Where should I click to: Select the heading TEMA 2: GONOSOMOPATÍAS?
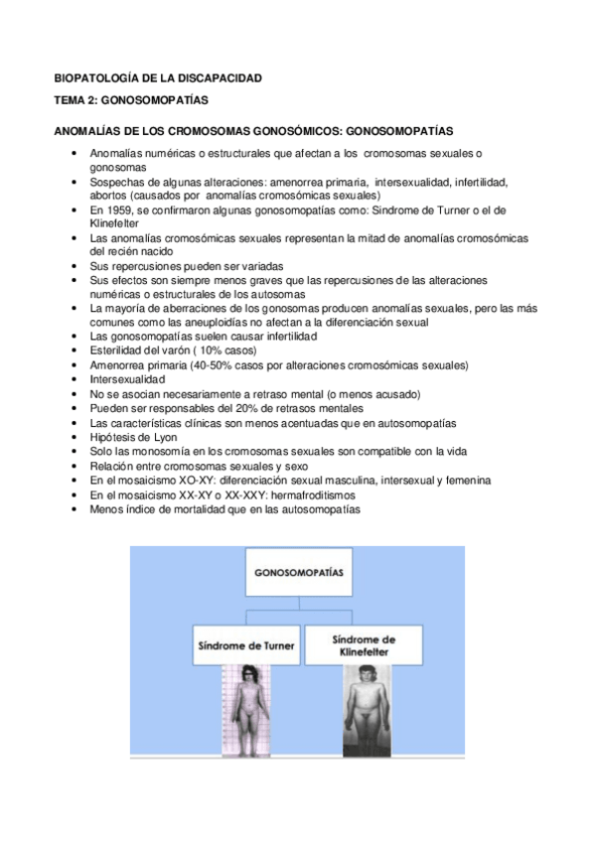point(131,100)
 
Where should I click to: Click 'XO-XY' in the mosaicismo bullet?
point(175,481)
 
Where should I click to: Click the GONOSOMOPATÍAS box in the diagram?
point(297,572)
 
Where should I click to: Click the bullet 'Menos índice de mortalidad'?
point(223,509)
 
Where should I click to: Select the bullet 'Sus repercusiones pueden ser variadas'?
point(186,267)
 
